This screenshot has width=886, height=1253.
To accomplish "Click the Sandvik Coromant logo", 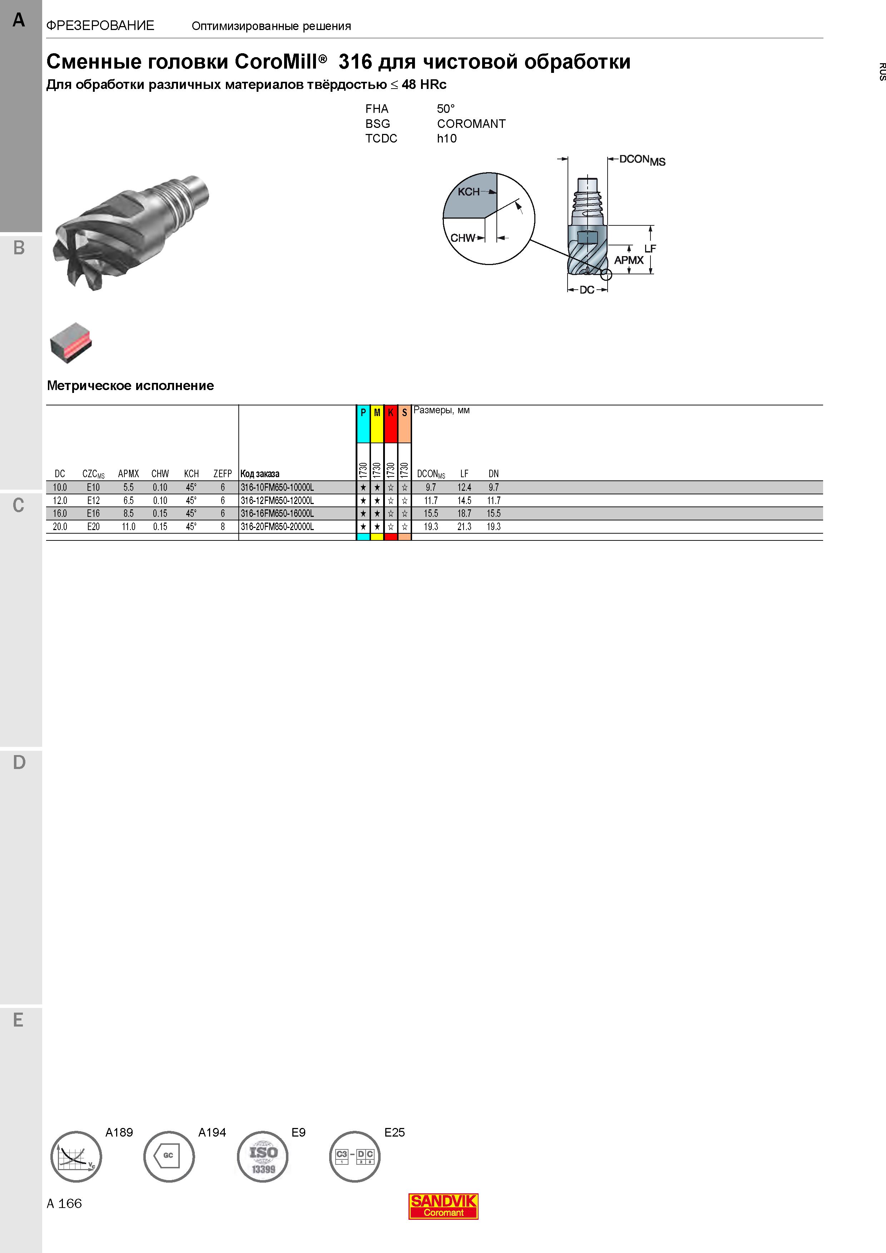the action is click(443, 1206).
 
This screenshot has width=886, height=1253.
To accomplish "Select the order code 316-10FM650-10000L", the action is click(277, 487).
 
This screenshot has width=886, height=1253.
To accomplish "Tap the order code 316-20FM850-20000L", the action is click(277, 526).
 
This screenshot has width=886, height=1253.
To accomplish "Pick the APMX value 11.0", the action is click(128, 526).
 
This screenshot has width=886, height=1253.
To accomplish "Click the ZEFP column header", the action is click(223, 474).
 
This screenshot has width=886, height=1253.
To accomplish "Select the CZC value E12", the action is click(93, 500).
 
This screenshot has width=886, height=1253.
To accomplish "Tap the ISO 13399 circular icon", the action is click(263, 1156).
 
